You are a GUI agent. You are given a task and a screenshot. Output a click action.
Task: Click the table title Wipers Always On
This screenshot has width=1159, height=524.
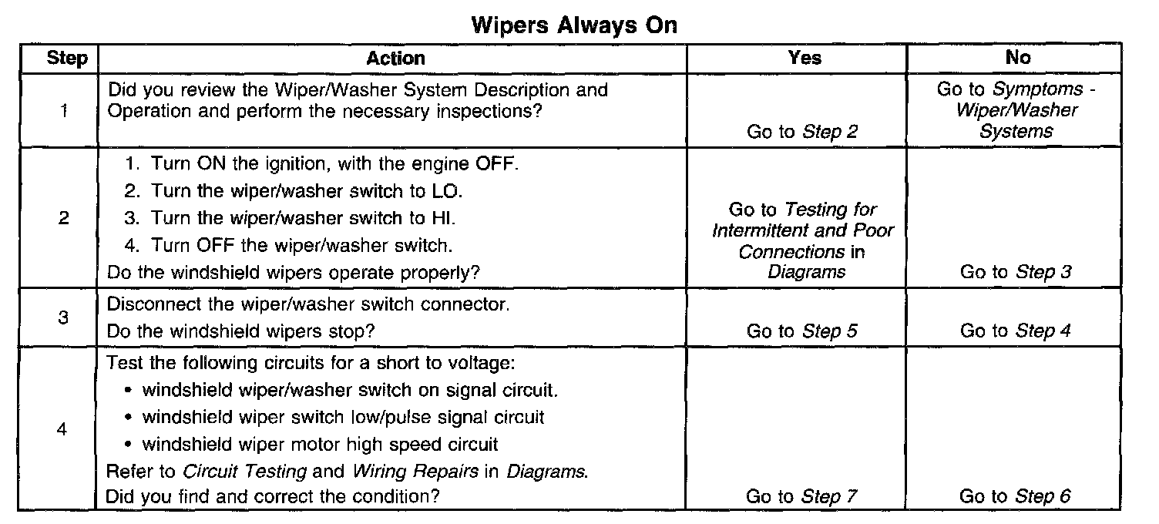click(574, 25)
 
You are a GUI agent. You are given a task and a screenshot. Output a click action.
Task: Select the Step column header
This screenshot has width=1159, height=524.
click(67, 58)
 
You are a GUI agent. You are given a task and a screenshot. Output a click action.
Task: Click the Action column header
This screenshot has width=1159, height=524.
click(396, 58)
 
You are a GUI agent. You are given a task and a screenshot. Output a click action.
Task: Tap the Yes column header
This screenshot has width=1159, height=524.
click(805, 58)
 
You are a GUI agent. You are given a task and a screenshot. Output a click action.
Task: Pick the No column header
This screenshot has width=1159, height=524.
click(1018, 57)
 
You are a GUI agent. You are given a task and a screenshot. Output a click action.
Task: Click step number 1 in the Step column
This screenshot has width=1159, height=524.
click(64, 110)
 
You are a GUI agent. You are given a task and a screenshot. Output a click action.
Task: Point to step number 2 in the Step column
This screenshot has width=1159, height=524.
click(64, 218)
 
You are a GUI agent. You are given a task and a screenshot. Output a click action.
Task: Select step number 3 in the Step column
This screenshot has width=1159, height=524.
click(63, 317)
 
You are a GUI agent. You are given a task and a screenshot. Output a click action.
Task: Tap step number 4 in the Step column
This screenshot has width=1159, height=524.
click(62, 428)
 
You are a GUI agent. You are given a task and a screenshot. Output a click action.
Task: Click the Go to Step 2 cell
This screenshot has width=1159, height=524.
click(802, 132)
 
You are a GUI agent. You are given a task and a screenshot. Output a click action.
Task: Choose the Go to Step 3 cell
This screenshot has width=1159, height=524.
click(1016, 271)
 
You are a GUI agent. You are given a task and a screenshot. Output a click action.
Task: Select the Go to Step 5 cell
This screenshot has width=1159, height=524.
click(802, 331)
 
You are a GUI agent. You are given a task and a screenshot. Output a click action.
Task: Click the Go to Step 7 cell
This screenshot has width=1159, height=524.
click(801, 496)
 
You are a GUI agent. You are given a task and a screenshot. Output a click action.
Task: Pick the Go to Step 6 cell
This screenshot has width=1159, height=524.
click(1015, 496)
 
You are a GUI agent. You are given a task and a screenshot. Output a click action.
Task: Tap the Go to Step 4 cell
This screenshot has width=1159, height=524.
click(1015, 330)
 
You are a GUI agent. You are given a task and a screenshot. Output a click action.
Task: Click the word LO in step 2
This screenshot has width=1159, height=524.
click(446, 191)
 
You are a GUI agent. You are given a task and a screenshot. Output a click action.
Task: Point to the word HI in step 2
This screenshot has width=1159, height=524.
click(443, 218)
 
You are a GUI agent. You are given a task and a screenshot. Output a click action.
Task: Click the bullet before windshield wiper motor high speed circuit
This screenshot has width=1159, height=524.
click(129, 445)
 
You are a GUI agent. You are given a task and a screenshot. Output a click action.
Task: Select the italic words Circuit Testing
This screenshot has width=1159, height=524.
click(245, 472)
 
